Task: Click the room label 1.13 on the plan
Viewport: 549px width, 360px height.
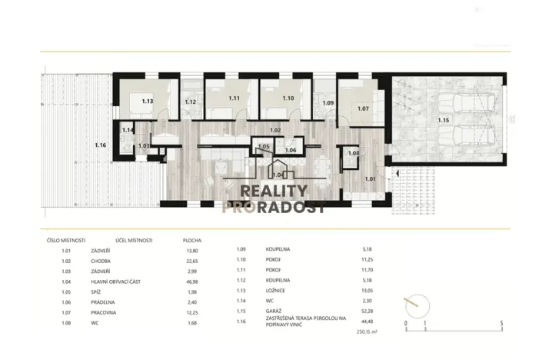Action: (148, 100)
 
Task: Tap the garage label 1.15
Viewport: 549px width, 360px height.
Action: (442, 120)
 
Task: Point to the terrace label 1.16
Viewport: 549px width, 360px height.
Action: (100, 145)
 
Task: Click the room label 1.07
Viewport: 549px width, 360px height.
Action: (363, 108)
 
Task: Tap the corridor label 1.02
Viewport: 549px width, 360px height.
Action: (275, 131)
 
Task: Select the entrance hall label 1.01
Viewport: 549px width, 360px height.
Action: (371, 179)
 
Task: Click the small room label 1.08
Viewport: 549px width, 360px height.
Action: (354, 154)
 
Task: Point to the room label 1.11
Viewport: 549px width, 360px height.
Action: (234, 98)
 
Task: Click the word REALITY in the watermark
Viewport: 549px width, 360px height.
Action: (274, 191)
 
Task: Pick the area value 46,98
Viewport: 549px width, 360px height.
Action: (192, 282)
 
